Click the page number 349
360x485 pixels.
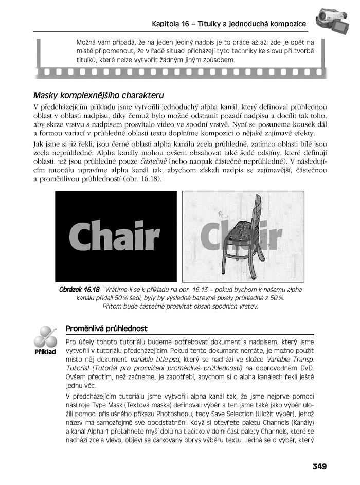tap(319, 466)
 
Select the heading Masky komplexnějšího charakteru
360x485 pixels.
tap(98, 95)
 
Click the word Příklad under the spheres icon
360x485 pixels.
tap(45, 352)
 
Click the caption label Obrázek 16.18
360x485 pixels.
tap(79, 290)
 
